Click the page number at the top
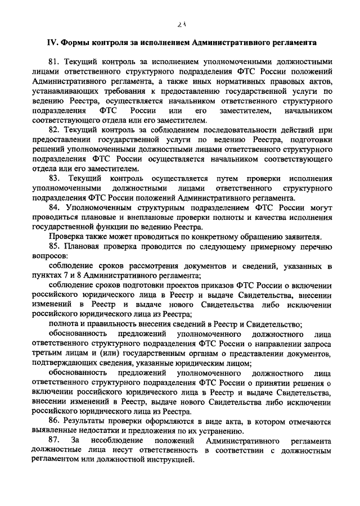coord(180,24)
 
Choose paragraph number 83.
coord(55,178)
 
